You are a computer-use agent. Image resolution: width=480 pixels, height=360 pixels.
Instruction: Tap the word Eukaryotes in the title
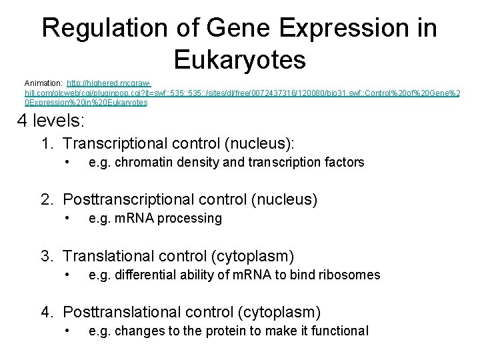[239, 59]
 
